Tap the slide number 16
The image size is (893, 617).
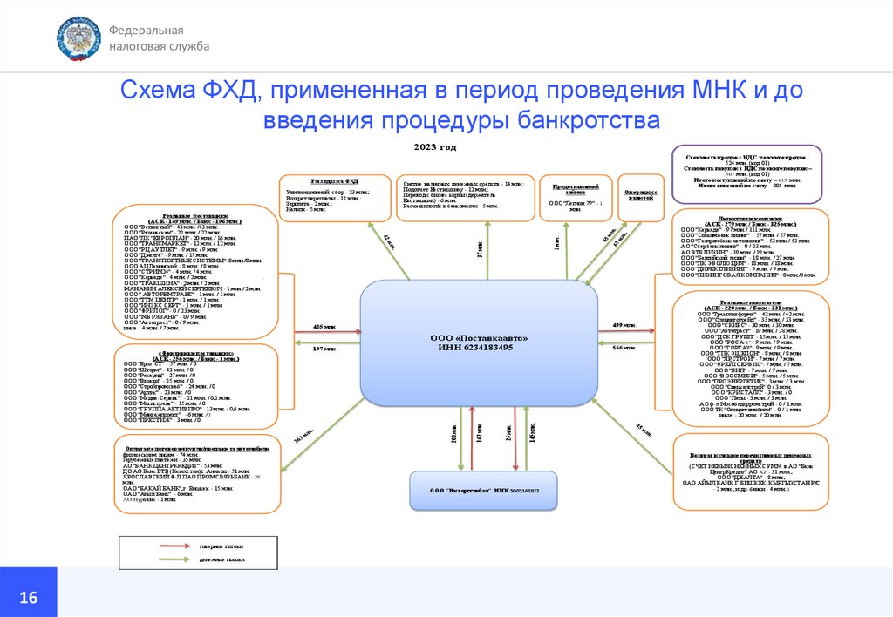[x=28, y=598]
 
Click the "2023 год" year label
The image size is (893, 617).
[x=435, y=147]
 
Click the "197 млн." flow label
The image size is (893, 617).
[x=325, y=349]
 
